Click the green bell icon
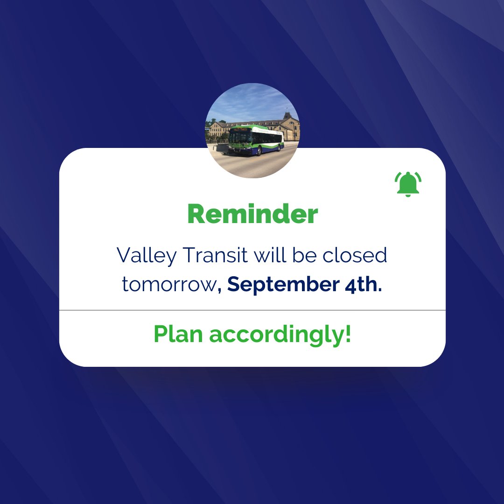pos(407,184)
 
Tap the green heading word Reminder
pos(252,215)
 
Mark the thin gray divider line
pos(252,310)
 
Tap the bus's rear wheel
pos(280,148)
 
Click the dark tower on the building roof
pos(287,115)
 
